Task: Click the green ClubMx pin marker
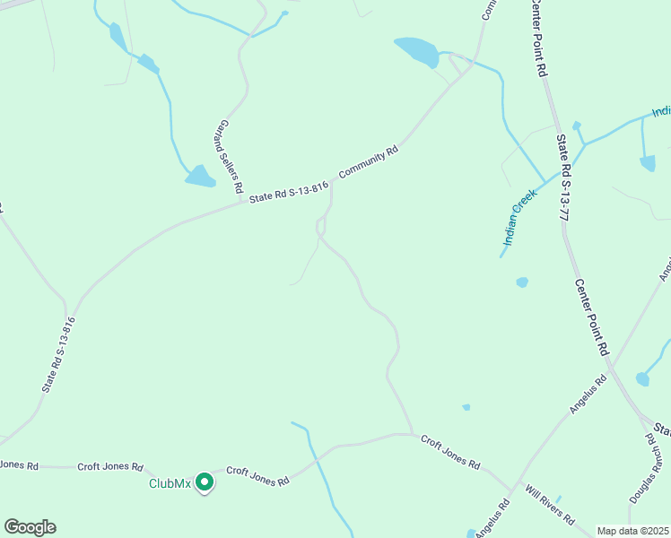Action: click(x=204, y=482)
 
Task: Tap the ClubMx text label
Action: click(x=170, y=484)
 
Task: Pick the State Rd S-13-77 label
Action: click(x=563, y=178)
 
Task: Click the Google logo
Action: click(x=30, y=526)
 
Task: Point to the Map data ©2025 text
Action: click(x=632, y=531)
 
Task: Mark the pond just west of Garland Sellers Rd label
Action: click(x=200, y=176)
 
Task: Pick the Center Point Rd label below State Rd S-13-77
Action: click(x=592, y=315)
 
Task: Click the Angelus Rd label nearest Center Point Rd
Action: click(x=588, y=395)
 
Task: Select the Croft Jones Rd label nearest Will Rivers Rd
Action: click(x=450, y=451)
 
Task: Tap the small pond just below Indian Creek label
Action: click(x=522, y=282)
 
